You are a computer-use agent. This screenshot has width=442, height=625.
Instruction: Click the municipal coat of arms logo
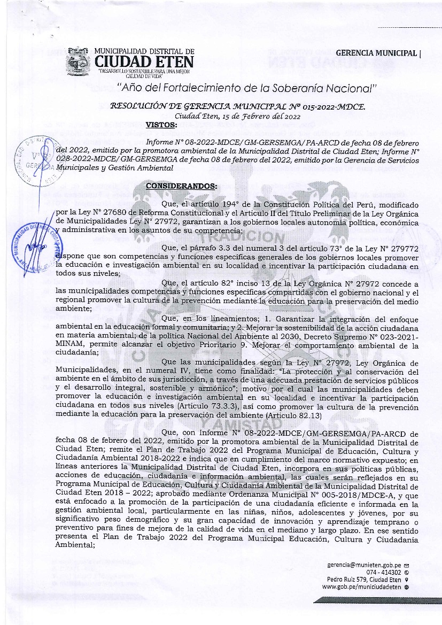78,61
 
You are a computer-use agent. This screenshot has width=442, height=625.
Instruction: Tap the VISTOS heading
161,125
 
